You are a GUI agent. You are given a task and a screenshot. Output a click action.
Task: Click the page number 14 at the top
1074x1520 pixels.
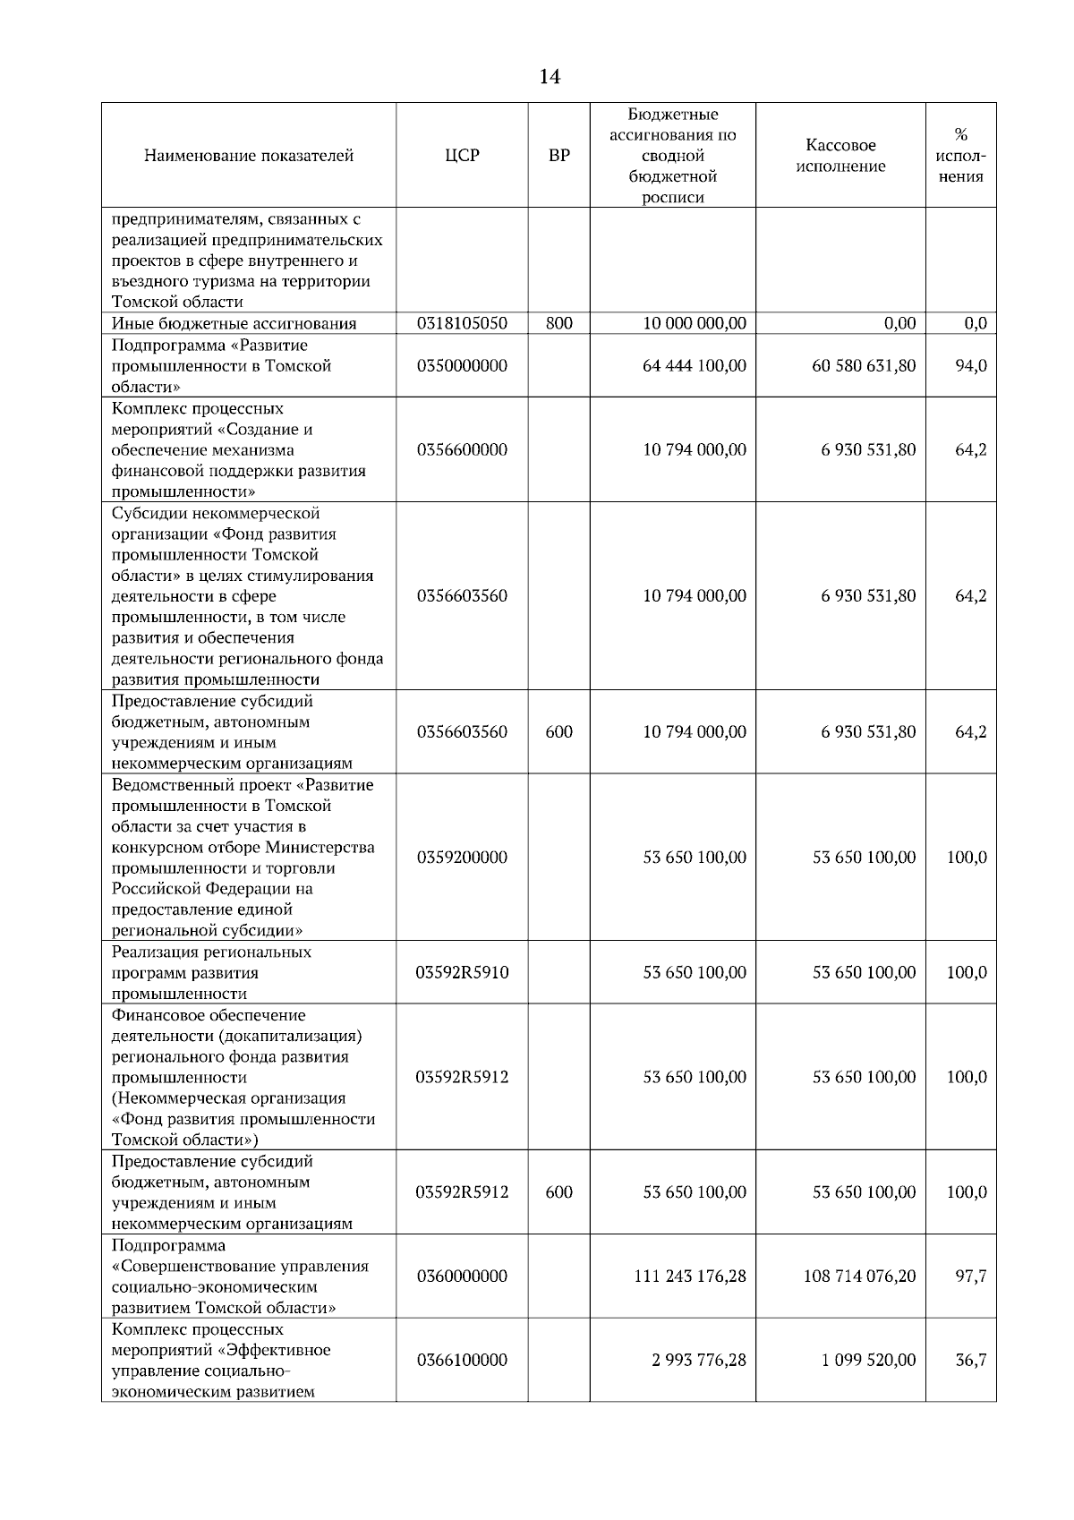(x=550, y=78)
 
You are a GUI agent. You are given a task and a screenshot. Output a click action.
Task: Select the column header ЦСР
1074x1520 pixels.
(x=462, y=156)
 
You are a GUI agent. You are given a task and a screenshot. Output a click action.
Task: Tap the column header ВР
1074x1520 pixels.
(x=558, y=156)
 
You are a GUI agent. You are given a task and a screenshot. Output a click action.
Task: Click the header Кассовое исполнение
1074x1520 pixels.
(x=840, y=156)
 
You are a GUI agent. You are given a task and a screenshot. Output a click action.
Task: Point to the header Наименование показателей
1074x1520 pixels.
(x=249, y=156)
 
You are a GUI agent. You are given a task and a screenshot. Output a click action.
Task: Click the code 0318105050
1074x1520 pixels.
(x=462, y=324)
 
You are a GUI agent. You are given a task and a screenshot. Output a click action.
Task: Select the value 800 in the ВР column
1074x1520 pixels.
(x=558, y=324)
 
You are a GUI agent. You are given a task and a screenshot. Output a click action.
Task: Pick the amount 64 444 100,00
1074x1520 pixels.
(x=694, y=366)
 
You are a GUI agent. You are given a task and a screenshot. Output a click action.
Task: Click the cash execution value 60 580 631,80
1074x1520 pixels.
(x=863, y=366)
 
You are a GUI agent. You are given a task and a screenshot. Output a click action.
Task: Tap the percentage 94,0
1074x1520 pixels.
(x=970, y=366)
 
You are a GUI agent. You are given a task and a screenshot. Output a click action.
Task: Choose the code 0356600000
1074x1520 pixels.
(x=462, y=450)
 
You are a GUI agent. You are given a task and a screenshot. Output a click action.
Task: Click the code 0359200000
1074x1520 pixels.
(x=462, y=858)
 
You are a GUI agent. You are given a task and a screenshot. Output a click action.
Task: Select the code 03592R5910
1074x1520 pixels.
(x=462, y=973)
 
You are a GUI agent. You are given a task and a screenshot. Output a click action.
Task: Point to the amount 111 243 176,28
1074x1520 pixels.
(x=689, y=1277)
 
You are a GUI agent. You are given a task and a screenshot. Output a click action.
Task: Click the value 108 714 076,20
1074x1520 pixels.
(x=859, y=1277)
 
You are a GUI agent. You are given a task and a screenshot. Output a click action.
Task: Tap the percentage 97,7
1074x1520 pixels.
(x=970, y=1277)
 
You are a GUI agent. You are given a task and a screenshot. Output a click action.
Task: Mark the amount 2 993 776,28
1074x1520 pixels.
(x=698, y=1361)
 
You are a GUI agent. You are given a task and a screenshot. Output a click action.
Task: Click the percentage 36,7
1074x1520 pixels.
(x=970, y=1361)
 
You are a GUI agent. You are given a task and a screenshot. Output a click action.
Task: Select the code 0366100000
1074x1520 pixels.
(x=462, y=1361)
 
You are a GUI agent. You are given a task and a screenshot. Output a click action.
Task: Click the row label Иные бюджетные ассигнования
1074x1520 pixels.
(x=234, y=324)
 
